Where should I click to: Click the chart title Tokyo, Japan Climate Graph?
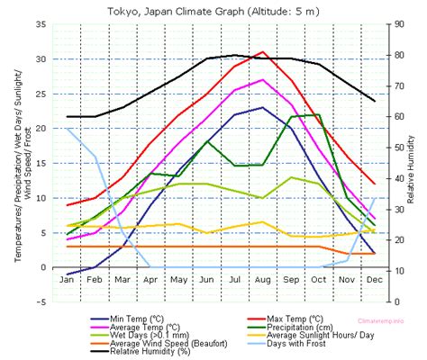click(x=213, y=11)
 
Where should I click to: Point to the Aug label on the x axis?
click(x=262, y=280)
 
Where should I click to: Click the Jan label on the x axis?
click(x=68, y=280)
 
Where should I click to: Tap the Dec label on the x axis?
click(x=374, y=280)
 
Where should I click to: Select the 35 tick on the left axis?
click(x=41, y=24)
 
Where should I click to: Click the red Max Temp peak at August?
click(x=262, y=52)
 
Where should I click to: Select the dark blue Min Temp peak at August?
click(x=262, y=108)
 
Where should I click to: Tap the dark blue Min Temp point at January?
click(x=68, y=274)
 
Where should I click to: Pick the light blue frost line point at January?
click(x=68, y=129)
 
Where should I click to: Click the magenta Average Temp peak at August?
click(x=262, y=80)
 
